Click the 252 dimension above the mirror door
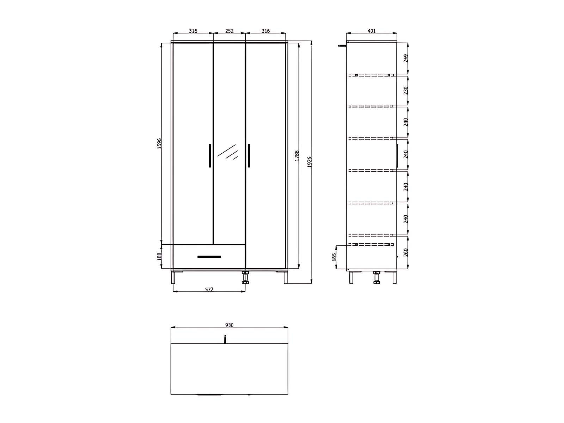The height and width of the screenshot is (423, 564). (x=229, y=31)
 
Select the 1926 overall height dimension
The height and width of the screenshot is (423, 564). (x=309, y=162)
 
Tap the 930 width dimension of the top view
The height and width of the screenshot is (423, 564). (x=229, y=325)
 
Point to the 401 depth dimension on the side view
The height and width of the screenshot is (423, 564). (x=371, y=31)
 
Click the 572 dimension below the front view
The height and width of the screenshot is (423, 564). (x=209, y=289)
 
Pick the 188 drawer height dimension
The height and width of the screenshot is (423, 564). (x=159, y=256)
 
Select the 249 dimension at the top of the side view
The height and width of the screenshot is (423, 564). (x=406, y=58)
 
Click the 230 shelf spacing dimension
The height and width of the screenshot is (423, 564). (x=406, y=91)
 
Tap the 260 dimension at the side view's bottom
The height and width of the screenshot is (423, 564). (x=406, y=252)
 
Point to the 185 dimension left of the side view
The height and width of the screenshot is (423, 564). (x=334, y=256)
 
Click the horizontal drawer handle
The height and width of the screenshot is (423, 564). (x=209, y=257)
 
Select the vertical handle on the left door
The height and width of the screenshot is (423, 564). (x=210, y=155)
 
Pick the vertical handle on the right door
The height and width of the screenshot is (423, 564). (x=249, y=155)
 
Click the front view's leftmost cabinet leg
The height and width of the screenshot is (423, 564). (x=173, y=277)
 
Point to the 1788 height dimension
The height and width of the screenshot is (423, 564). (x=297, y=155)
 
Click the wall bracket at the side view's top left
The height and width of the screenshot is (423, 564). (x=342, y=45)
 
